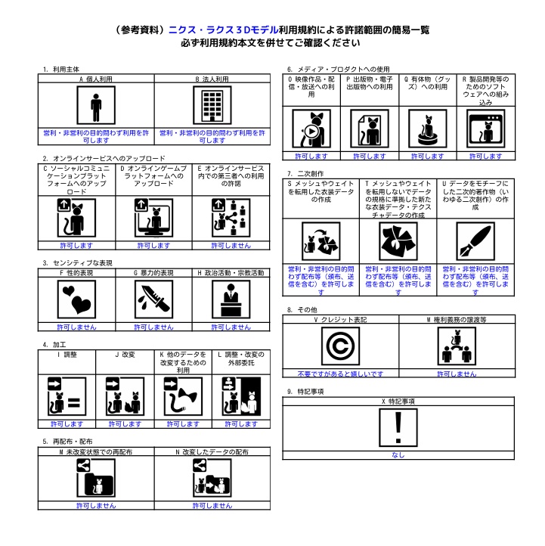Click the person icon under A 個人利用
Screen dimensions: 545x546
click(96, 106)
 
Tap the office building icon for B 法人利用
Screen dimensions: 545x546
click(212, 106)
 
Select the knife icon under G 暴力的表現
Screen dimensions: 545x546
click(154, 299)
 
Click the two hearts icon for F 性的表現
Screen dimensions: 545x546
click(76, 299)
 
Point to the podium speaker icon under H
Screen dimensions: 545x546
click(231, 299)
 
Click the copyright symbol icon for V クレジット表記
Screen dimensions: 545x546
click(340, 346)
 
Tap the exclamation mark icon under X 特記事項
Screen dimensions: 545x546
click(398, 428)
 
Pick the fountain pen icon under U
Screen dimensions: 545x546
click(475, 242)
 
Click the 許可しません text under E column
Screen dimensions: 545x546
click(231, 246)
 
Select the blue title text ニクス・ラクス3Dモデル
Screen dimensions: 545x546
click(224, 30)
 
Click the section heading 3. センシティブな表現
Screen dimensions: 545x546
click(78, 263)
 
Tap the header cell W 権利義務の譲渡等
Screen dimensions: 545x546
click(457, 320)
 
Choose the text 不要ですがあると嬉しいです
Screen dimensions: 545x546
click(340, 374)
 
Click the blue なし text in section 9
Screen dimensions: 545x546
click(398, 455)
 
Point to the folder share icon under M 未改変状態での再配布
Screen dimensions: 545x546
click(96, 478)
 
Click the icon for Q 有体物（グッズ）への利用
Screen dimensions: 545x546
click(428, 129)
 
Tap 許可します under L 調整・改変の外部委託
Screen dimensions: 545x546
click(241, 424)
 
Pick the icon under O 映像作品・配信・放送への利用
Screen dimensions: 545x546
click(311, 129)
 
